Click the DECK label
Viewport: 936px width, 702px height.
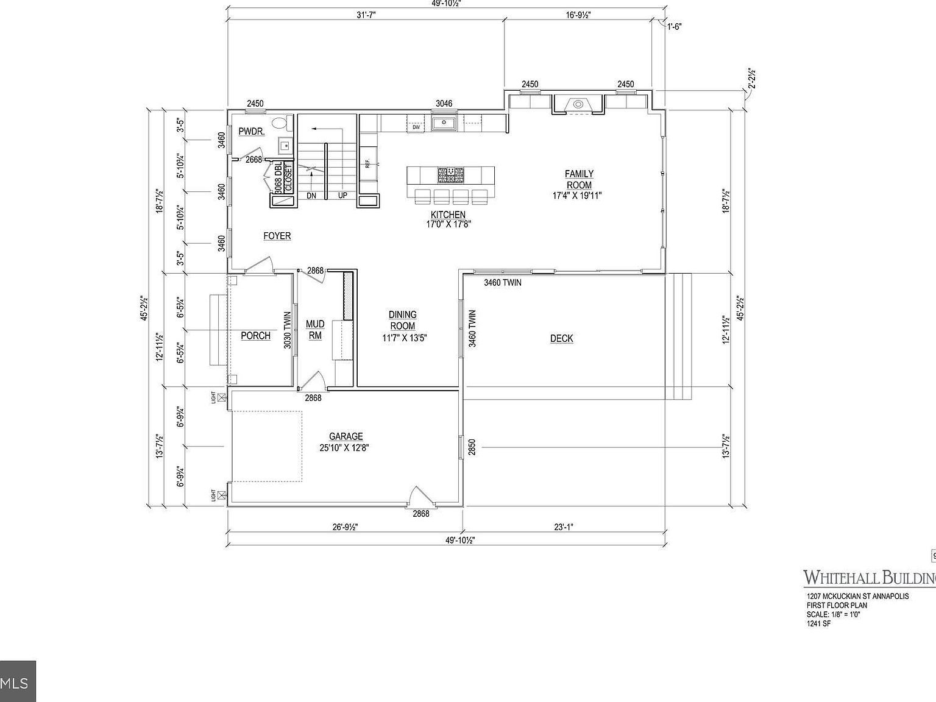[561, 339]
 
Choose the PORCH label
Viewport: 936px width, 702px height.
[255, 336]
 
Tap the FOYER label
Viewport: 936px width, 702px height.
[277, 236]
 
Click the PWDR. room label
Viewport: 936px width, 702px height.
[251, 132]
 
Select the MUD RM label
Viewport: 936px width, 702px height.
[315, 330]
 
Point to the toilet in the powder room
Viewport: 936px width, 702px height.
[281, 123]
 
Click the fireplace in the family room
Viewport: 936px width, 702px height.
[578, 105]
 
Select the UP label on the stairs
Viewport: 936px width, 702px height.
[342, 196]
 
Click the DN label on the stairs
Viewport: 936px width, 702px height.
[311, 196]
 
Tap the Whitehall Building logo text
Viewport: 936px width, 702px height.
[868, 577]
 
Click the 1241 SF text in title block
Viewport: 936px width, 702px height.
[819, 623]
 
